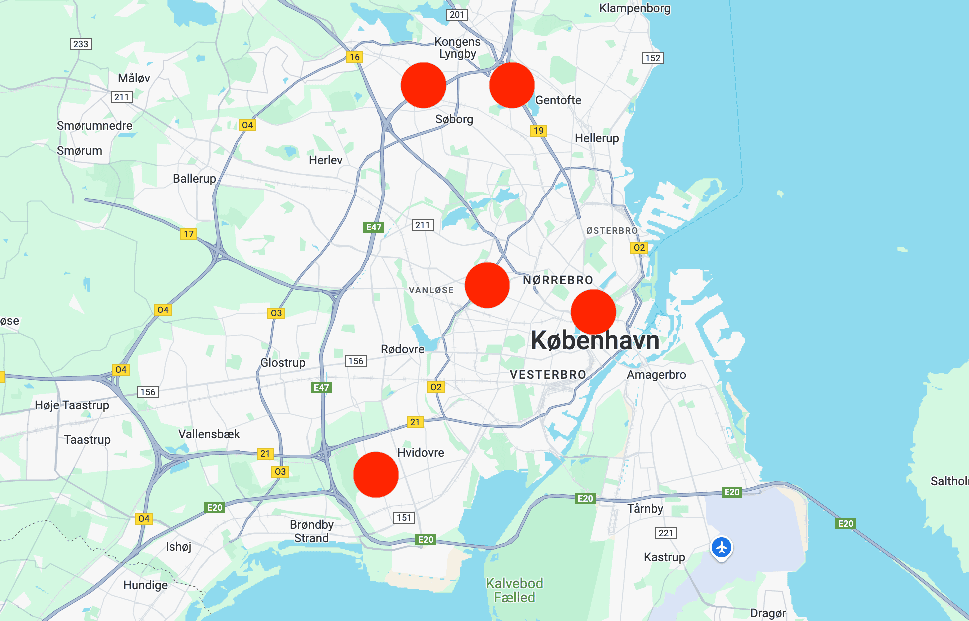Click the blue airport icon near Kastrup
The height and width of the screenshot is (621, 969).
coord(721,548)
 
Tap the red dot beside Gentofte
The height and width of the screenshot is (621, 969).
coord(512,85)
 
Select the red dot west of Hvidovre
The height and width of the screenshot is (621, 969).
coord(376,475)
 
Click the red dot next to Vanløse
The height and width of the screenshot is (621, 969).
coord(487,285)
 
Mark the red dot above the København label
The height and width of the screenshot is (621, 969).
coord(593,312)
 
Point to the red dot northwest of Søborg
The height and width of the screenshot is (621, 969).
coord(423,85)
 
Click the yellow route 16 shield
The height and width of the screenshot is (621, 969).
coord(355,57)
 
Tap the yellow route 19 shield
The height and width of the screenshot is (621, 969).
coord(539,131)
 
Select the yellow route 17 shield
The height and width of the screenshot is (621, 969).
coord(189,234)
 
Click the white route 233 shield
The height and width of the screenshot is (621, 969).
coord(81,44)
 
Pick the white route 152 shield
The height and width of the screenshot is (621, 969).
coord(653,58)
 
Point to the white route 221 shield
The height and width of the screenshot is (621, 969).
coord(666,533)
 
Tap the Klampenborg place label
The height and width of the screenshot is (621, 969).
coord(635,8)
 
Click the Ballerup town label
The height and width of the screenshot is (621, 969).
coord(194,179)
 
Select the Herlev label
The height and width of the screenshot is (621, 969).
coord(325,160)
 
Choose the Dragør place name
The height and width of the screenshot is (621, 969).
coord(768,613)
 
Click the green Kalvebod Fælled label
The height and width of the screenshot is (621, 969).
coord(514,590)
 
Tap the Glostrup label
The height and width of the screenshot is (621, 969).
coord(283,363)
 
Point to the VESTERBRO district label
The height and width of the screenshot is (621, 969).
coord(548,375)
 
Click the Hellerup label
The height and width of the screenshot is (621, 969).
coord(597,138)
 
